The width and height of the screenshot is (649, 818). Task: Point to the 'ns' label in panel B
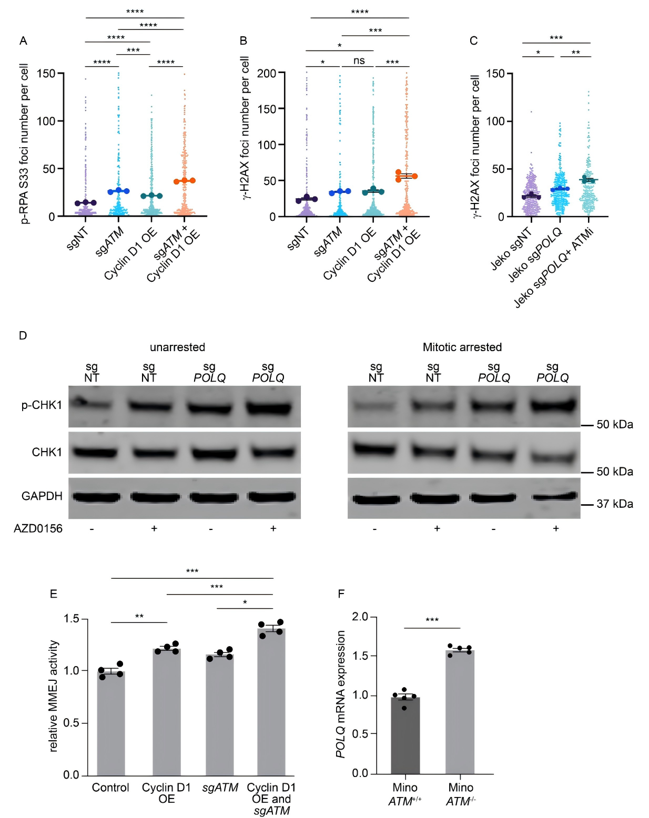[x=359, y=61]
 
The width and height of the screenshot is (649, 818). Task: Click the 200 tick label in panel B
[x=267, y=73]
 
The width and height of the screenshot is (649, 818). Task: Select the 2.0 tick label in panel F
[x=360, y=617]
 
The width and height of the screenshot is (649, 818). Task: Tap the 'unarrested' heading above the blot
[x=177, y=347]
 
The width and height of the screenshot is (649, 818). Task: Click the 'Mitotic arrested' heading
[x=462, y=347]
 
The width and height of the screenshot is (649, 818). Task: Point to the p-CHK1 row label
[x=42, y=405]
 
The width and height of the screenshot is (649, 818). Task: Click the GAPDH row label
[x=42, y=496]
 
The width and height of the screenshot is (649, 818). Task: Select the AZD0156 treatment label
[x=38, y=529]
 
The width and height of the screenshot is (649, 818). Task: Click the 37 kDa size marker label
[x=614, y=504]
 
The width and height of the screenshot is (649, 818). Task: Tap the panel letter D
[x=23, y=335]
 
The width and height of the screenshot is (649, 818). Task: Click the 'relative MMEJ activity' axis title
[x=54, y=696]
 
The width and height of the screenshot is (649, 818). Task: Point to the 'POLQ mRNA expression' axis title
[x=341, y=694]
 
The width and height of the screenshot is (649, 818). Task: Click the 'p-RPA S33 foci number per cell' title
[x=25, y=144]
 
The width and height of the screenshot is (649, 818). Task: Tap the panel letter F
[x=341, y=594]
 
